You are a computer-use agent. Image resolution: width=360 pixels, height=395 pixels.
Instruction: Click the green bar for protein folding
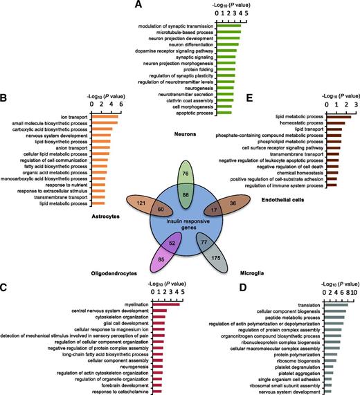pyautogui.click(x=226, y=69)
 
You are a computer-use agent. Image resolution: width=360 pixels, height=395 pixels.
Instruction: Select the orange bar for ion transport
pyautogui.click(x=105, y=117)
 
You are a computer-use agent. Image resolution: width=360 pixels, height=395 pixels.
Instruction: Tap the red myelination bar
pyautogui.click(x=166, y=304)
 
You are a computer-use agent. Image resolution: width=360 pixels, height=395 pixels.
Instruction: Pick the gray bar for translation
pyautogui.click(x=336, y=305)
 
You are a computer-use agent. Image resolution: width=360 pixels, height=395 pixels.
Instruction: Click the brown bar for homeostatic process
pyautogui.click(x=336, y=123)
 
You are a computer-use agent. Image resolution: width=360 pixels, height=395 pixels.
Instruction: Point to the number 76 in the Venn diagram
pyautogui.click(x=186, y=174)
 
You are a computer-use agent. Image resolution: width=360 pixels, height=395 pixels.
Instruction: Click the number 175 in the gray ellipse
pyautogui.click(x=216, y=258)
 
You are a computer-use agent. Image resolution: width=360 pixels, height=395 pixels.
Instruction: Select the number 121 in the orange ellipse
pyautogui.click(x=141, y=203)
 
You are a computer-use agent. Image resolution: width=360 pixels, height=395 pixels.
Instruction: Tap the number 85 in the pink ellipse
pyautogui.click(x=161, y=259)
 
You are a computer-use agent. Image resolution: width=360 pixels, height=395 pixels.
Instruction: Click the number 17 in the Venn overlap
pyautogui.click(x=214, y=210)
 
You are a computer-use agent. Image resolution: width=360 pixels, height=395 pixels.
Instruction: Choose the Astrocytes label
pyautogui.click(x=106, y=217)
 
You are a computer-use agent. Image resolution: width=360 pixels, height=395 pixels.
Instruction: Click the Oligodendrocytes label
pyautogui.click(x=114, y=273)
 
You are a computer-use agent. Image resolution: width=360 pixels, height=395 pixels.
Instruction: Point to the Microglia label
pyautogui.click(x=252, y=273)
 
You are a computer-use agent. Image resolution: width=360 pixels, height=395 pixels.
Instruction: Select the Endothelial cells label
pyautogui.click(x=283, y=200)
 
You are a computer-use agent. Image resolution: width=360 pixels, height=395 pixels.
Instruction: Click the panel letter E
pyautogui.click(x=249, y=98)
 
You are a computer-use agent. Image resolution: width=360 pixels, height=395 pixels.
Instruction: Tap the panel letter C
pyautogui.click(x=3, y=288)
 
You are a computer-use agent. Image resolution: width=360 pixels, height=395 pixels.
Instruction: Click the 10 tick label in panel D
pyautogui.click(x=354, y=293)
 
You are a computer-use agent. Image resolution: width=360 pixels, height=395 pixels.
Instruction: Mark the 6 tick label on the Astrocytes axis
pyautogui.click(x=121, y=104)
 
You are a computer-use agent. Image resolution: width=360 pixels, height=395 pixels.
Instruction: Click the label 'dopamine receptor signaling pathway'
pyautogui.click(x=174, y=51)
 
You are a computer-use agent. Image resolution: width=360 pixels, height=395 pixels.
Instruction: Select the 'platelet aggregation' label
pyautogui.click(x=299, y=374)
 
